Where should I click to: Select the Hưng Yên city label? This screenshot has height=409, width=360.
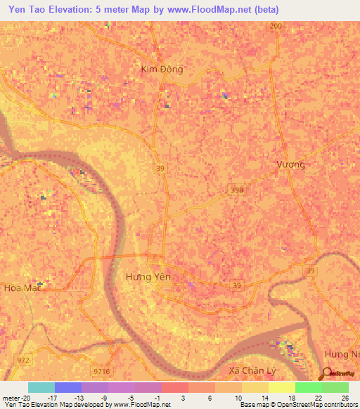[148, 277]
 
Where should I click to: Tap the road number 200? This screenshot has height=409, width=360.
[276, 26]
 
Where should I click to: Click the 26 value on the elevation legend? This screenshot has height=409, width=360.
[345, 397]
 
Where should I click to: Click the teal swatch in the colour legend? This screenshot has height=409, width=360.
[41, 387]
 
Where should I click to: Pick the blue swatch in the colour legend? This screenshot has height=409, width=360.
[68, 387]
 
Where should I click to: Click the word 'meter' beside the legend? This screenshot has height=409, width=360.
[12, 397]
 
